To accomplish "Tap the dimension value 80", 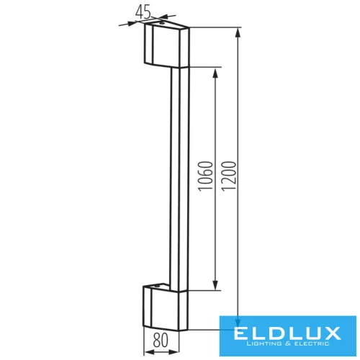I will (x=162, y=337).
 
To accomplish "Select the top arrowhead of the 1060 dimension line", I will (x=215, y=73).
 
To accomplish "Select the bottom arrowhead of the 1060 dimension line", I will (x=215, y=286).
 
